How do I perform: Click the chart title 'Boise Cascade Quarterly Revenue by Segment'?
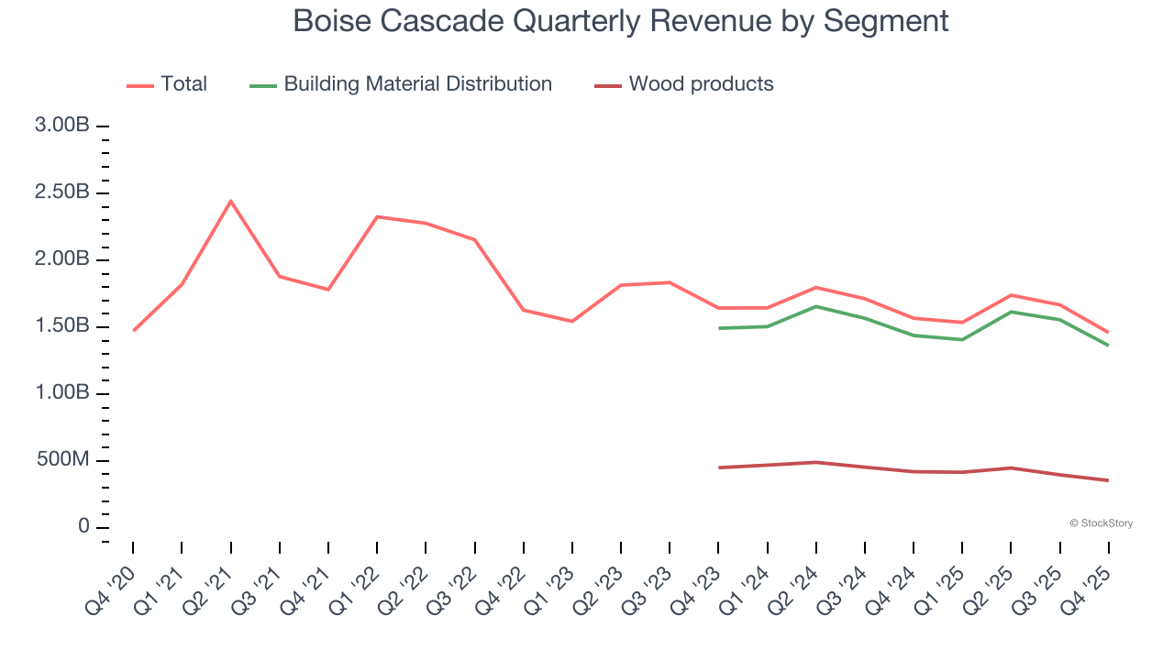(620, 20)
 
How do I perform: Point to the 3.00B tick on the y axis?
(62, 126)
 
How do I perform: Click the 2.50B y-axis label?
(62, 192)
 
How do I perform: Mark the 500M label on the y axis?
(62, 460)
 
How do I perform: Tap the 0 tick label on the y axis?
(83, 527)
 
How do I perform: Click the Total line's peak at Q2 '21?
(230, 201)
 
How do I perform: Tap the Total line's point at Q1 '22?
(377, 216)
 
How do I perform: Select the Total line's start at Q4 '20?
(133, 331)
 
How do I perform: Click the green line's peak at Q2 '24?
(816, 306)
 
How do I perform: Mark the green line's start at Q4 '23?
(719, 328)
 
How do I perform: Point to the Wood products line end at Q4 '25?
(1108, 480)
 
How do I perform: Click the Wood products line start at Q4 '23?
(719, 467)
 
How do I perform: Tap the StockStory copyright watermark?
(1101, 523)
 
